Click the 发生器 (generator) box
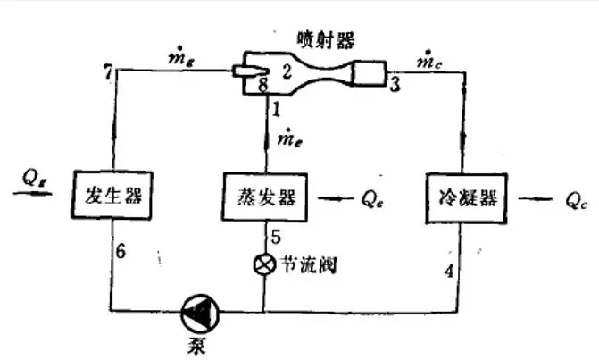click(112, 195)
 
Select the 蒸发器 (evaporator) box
click(264, 197)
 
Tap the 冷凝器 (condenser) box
click(467, 198)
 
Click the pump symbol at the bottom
click(200, 313)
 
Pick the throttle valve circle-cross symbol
click(264, 264)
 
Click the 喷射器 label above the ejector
click(326, 39)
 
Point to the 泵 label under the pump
click(197, 345)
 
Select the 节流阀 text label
click(309, 264)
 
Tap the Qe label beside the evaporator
click(372, 198)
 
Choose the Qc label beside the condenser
click(576, 200)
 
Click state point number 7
click(109, 71)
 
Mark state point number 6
click(121, 251)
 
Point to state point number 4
click(449, 271)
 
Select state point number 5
click(276, 237)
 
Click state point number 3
click(395, 84)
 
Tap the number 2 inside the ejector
click(287, 71)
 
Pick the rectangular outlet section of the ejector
click(369, 72)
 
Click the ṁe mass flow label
click(289, 138)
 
